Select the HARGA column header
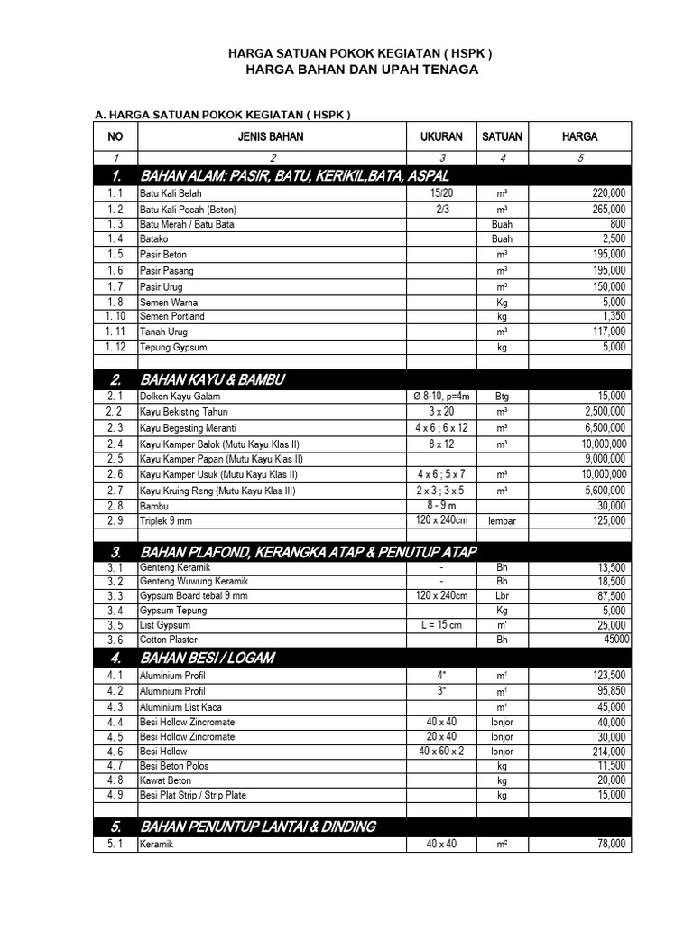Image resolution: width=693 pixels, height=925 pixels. pyautogui.click(x=579, y=137)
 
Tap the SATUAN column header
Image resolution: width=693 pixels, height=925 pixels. pyautogui.click(x=502, y=137)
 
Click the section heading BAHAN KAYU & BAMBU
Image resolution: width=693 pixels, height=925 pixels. pyautogui.click(x=212, y=379)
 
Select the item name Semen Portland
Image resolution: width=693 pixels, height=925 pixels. pyautogui.click(x=171, y=317)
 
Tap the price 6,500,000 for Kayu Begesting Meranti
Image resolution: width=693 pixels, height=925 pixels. pyautogui.click(x=602, y=427)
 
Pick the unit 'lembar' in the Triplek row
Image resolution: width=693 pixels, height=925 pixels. pyautogui.click(x=502, y=521)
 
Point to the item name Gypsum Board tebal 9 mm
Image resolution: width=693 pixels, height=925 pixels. pyautogui.click(x=193, y=596)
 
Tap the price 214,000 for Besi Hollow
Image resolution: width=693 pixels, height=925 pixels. pyautogui.click(x=608, y=752)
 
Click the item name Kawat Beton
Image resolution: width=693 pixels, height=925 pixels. pyautogui.click(x=165, y=780)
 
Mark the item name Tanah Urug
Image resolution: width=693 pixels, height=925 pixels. pyautogui.click(x=163, y=332)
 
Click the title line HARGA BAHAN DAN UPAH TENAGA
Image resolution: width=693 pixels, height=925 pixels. pyautogui.click(x=361, y=70)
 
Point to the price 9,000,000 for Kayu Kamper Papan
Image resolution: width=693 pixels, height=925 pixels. pyautogui.click(x=602, y=459)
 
